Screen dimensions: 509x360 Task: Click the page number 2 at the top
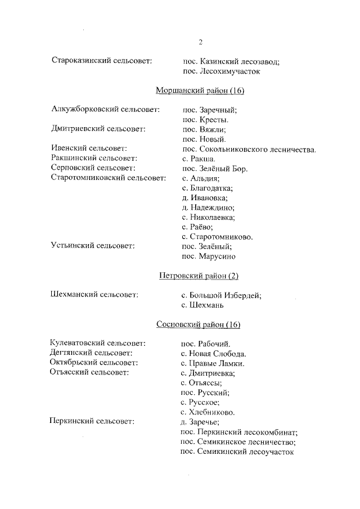pos(200,42)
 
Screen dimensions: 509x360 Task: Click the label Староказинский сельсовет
pos(101,61)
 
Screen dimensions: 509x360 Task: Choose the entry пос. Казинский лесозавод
pos(231,61)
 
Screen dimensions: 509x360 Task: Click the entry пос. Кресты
pos(205,119)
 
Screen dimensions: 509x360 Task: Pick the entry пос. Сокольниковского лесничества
pos(249,149)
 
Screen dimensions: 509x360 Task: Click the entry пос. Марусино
pos(209,256)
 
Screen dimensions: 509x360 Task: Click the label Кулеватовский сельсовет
pos(98,343)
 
